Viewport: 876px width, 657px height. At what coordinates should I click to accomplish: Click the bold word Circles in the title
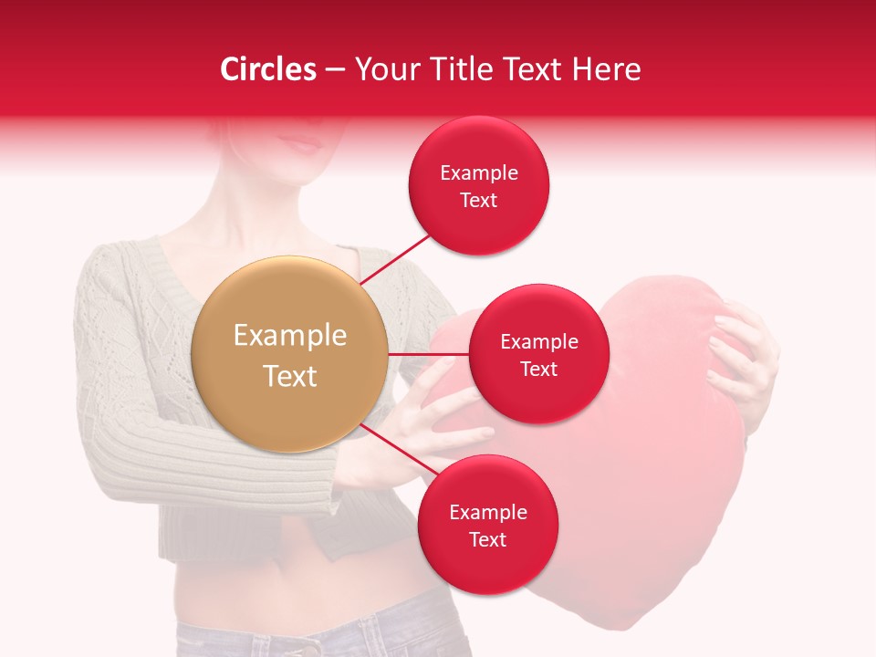point(268,69)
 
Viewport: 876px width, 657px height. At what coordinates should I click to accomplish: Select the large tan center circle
point(290,354)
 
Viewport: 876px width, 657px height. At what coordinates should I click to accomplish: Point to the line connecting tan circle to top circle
point(397,258)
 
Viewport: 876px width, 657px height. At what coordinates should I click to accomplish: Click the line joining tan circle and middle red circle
point(429,354)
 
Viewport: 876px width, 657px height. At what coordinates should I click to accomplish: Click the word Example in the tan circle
point(290,336)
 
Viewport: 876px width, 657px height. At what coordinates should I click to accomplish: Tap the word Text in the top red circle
point(479,200)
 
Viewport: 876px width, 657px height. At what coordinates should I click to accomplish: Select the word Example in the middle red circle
point(538,342)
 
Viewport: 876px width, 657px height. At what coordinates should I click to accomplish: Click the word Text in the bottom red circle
point(487,539)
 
